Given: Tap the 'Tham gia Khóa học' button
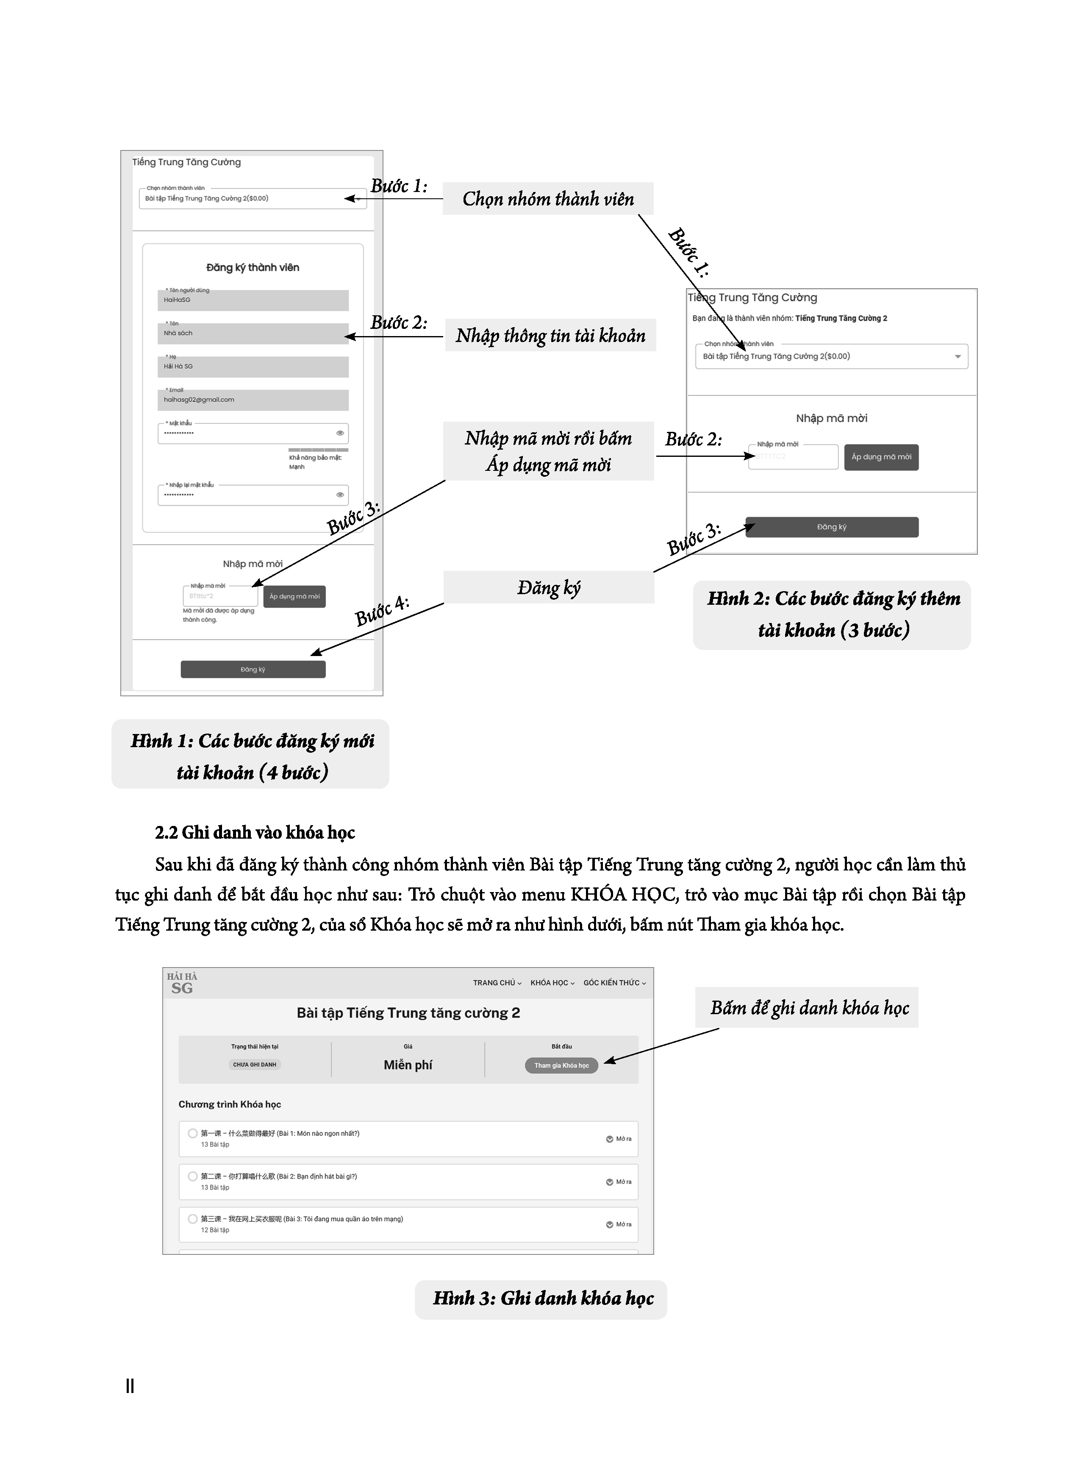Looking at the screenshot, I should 561,1065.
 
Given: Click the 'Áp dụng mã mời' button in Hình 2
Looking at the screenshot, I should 881,457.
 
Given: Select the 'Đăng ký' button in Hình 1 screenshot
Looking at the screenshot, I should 253,669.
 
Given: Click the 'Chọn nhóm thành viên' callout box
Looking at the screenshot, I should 548,199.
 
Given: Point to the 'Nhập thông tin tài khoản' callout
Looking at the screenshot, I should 550,336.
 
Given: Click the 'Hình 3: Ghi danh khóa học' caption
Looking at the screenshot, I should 543,1298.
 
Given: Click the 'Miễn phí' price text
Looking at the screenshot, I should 408,1065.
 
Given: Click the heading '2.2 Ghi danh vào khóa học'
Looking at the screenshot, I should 255,832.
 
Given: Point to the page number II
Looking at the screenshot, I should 130,1385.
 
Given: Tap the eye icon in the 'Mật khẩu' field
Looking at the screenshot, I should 340,433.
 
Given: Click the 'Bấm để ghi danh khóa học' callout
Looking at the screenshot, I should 809,1008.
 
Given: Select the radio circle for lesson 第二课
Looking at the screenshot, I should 192,1176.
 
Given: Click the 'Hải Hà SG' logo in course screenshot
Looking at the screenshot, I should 182,983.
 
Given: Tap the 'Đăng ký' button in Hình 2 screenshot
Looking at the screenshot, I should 832,527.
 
